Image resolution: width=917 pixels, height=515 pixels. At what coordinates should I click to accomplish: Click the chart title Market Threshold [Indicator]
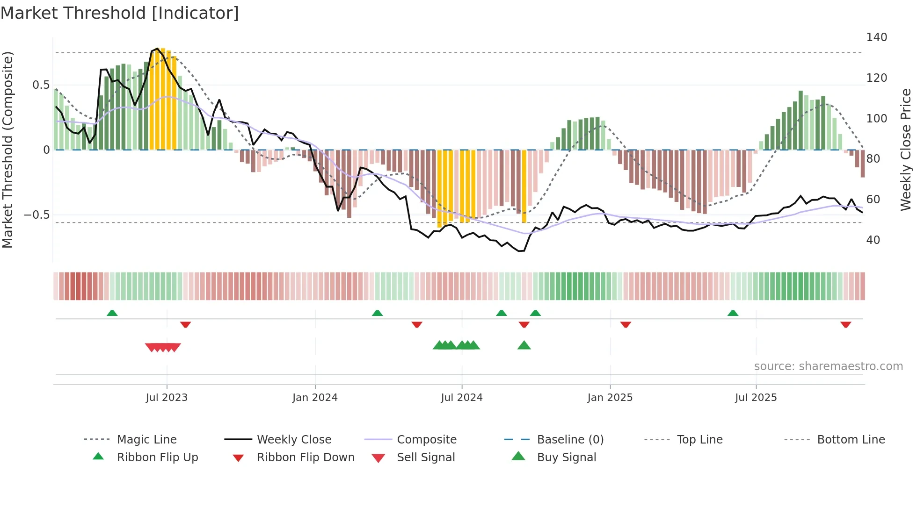click(120, 13)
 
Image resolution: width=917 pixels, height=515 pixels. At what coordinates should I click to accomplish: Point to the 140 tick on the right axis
click(876, 37)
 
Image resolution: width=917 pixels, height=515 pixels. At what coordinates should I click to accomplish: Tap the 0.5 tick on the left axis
click(41, 85)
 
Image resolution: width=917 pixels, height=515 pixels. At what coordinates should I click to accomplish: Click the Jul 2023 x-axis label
click(167, 398)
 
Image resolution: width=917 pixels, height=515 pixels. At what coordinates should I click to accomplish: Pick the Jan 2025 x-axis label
click(610, 398)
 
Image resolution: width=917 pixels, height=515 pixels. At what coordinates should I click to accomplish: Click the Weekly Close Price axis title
click(906, 150)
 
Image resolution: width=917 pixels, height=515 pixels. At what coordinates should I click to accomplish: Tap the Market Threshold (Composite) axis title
click(7, 150)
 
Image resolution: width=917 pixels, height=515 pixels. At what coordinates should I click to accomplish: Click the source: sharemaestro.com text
click(828, 366)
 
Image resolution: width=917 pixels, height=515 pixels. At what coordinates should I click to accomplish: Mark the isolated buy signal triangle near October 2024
click(524, 345)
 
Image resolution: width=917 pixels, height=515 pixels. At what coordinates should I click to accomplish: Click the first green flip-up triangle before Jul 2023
click(112, 313)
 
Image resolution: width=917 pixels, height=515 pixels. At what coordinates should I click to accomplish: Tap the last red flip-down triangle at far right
click(845, 324)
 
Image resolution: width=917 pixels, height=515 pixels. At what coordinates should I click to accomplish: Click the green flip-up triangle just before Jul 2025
click(733, 313)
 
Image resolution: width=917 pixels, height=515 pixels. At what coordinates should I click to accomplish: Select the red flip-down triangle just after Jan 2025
click(626, 324)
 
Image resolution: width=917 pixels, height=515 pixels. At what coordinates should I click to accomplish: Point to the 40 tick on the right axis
click(873, 240)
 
